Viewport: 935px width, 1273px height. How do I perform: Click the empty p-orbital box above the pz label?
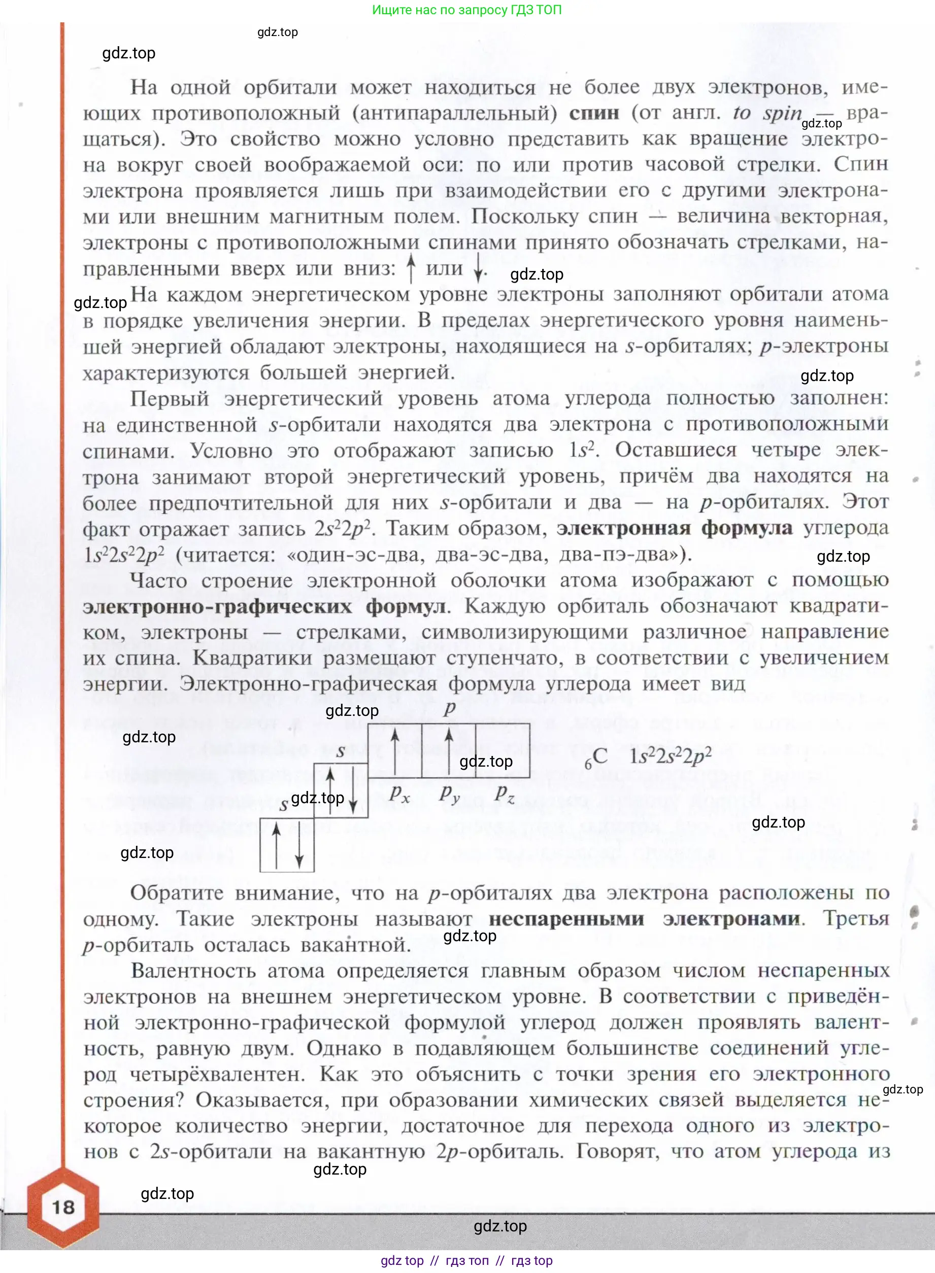[502, 750]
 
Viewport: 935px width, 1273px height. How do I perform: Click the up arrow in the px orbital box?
[395, 751]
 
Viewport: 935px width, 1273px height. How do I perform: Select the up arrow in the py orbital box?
[449, 751]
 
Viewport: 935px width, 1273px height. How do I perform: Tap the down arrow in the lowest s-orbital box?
[299, 846]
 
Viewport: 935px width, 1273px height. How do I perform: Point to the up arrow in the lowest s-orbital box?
[276, 845]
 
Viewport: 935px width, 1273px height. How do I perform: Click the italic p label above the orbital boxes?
[449, 708]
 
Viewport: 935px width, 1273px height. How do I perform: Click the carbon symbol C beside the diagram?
[599, 756]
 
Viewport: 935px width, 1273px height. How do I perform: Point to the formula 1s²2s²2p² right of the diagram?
[670, 756]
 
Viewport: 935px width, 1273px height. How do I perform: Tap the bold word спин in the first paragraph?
[594, 113]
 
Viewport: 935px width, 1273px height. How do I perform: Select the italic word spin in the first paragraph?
[782, 113]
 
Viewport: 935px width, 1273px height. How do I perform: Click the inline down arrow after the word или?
[478, 269]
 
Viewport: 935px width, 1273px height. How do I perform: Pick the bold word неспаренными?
[566, 918]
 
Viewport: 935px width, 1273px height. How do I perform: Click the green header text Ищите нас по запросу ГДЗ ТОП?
[467, 10]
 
